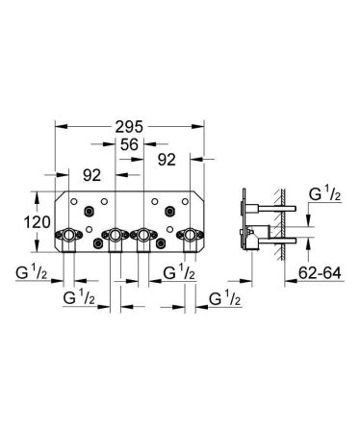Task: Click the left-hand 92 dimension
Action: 92,176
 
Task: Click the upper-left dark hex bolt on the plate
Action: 89,210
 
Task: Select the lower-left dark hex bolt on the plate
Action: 94,242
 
